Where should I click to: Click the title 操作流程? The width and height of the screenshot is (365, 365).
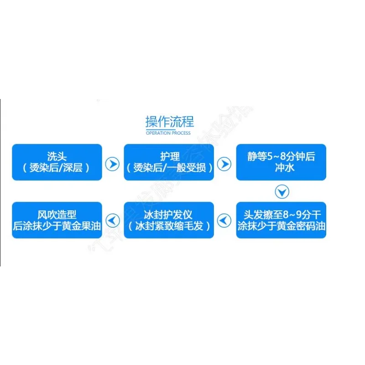click(169, 122)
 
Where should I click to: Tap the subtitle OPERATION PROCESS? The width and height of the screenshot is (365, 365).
click(168, 133)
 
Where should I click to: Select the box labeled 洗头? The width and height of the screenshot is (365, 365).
click(57, 162)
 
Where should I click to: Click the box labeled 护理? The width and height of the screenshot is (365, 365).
click(169, 162)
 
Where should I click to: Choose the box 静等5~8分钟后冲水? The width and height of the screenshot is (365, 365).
click(281, 162)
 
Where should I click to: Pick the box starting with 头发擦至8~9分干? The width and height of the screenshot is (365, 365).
click(281, 220)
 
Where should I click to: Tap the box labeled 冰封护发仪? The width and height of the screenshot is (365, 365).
click(169, 220)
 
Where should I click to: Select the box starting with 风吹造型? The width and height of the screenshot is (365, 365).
click(57, 220)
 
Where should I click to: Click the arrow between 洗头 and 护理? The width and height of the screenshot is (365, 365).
click(112, 164)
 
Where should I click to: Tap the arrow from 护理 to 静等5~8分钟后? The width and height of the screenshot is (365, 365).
click(224, 164)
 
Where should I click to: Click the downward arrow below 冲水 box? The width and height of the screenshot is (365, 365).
click(282, 192)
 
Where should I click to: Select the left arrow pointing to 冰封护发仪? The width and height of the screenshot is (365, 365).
click(224, 221)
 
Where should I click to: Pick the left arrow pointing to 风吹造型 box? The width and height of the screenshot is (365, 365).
click(112, 221)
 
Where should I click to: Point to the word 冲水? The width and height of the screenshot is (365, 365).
click(281, 168)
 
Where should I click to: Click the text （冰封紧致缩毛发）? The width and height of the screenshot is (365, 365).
click(169, 226)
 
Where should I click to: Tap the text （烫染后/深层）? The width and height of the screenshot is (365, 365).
click(57, 168)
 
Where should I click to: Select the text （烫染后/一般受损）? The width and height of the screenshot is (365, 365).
click(169, 168)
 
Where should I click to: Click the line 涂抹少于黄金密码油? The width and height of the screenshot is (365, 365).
click(281, 226)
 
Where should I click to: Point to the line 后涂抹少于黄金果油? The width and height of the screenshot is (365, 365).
click(57, 226)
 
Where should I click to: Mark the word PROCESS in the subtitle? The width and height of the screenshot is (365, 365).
click(181, 133)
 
